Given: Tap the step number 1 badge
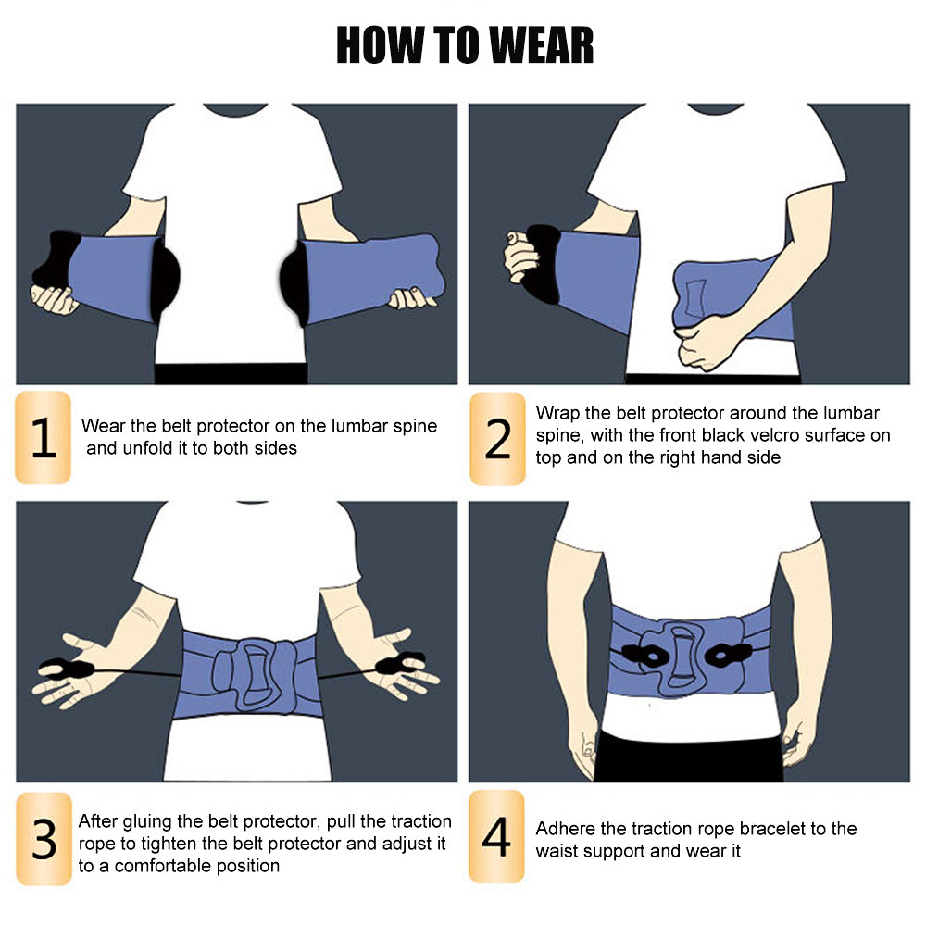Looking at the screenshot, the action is point(44,438).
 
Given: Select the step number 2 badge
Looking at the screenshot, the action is point(497,439).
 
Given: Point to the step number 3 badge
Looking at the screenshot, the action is point(44,839).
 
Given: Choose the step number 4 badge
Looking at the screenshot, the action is point(496,837).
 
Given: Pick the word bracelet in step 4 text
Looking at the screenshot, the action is point(771,829).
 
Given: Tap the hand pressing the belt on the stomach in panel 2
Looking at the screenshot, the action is point(706,342).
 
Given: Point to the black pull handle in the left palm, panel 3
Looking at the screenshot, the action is point(66,669).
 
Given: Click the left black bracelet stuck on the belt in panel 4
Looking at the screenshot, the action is point(644,655).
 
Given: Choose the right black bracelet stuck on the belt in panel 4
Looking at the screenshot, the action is point(728,655).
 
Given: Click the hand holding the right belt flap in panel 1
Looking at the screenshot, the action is point(412,298).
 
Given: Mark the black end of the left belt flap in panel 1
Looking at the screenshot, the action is point(56,260).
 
